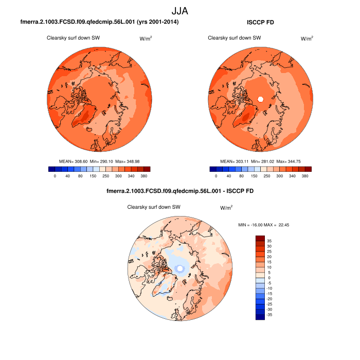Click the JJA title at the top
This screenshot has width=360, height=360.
tap(180, 10)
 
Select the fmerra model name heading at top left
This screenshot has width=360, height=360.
tap(99, 23)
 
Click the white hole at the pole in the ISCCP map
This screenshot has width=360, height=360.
tap(260, 99)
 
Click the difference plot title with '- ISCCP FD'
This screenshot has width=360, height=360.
tap(179, 191)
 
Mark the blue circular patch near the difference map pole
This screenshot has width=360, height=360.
tap(179, 268)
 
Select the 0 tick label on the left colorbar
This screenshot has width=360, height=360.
tap(55, 176)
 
